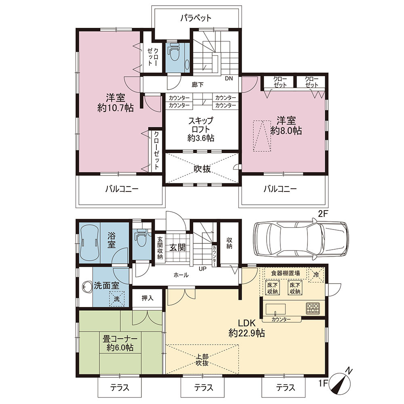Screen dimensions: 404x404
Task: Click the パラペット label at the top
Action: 196,18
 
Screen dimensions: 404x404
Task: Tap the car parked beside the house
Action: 301,238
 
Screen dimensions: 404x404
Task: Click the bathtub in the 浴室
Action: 89,242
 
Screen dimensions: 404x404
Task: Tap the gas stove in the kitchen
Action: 313,308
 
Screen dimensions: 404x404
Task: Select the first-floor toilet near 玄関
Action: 141,239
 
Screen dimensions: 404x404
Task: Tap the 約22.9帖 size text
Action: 246,333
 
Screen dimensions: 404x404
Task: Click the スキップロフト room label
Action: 201,125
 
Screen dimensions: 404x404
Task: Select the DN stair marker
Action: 229,79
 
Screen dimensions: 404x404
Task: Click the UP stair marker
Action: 202,269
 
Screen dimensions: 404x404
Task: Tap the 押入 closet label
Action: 147,298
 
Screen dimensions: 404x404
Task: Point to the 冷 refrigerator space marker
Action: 316,275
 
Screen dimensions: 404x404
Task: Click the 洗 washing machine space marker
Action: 117,299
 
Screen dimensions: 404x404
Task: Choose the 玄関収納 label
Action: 160,248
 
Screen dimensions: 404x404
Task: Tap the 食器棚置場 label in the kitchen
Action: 286,273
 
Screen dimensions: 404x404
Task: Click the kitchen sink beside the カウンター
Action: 276,309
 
